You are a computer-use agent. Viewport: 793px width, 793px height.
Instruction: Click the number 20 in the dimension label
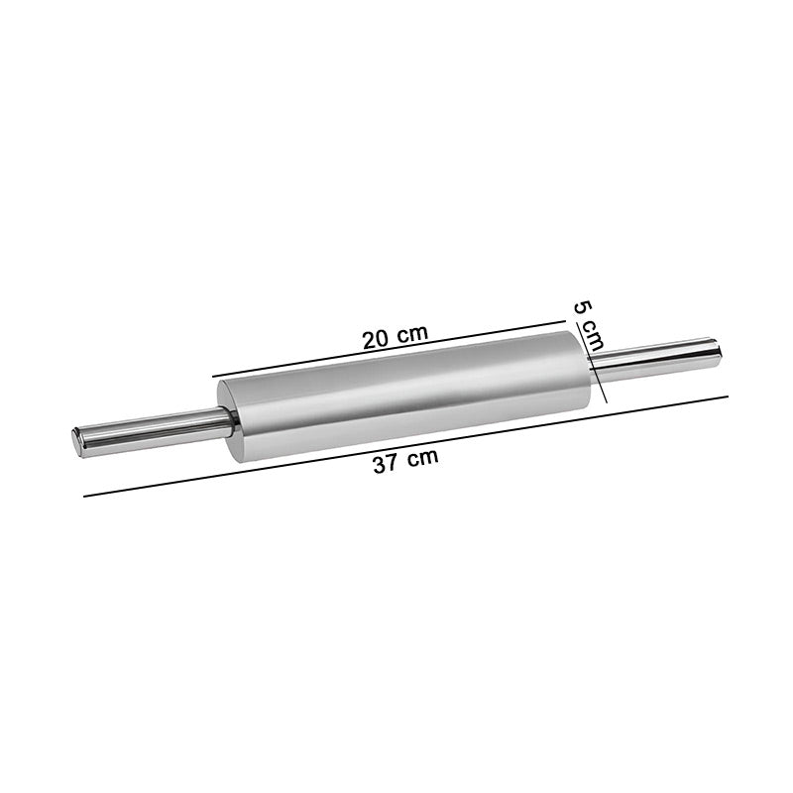click(x=376, y=339)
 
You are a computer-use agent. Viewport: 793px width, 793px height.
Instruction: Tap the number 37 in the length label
click(x=385, y=463)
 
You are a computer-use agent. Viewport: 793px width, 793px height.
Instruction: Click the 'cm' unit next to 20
click(x=411, y=333)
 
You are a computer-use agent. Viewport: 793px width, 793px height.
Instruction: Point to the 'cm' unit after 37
click(x=422, y=458)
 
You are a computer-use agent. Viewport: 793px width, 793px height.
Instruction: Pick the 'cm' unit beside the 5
click(x=593, y=336)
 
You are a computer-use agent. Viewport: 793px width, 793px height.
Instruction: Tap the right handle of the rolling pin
click(x=655, y=359)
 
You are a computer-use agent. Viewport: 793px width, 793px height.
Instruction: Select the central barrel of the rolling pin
click(x=404, y=396)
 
